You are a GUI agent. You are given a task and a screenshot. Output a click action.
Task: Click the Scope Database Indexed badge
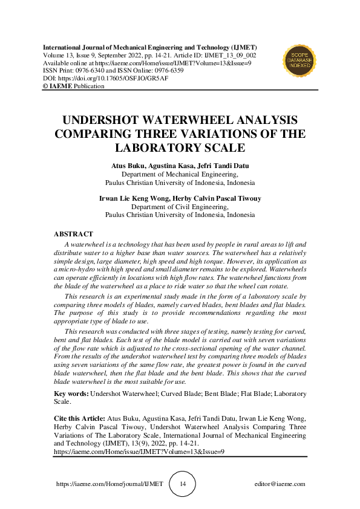click(x=300, y=61)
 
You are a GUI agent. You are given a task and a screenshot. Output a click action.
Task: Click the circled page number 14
click(x=183, y=484)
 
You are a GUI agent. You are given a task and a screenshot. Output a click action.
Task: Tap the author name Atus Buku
click(x=128, y=165)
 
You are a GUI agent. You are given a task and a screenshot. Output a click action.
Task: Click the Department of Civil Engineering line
click(x=180, y=206)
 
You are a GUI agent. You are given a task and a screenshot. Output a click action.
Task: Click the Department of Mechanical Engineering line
click(x=180, y=173)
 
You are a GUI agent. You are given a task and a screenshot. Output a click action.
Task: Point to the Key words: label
click(x=71, y=393)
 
